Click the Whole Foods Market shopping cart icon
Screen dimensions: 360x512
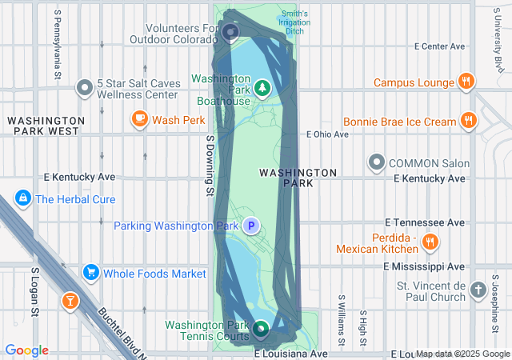(x=90, y=274)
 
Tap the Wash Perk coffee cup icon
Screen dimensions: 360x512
(x=139, y=120)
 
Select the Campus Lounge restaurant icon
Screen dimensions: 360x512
(x=466, y=82)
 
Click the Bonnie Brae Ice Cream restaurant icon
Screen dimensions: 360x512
(x=469, y=122)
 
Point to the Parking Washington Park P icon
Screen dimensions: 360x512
(x=251, y=226)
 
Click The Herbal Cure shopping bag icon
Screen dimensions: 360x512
(x=22, y=198)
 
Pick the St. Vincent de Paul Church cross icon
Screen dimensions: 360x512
(x=478, y=289)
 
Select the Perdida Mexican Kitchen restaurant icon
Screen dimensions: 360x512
(x=430, y=242)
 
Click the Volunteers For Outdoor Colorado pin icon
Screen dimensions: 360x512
(x=230, y=33)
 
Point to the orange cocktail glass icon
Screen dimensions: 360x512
(x=70, y=302)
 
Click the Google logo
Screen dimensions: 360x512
(x=26, y=350)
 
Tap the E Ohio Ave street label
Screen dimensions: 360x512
(x=328, y=134)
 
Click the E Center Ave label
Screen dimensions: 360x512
(x=441, y=46)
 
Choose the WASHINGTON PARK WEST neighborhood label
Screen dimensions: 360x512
(x=43, y=125)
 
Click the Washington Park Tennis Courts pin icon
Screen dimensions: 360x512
(x=262, y=328)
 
